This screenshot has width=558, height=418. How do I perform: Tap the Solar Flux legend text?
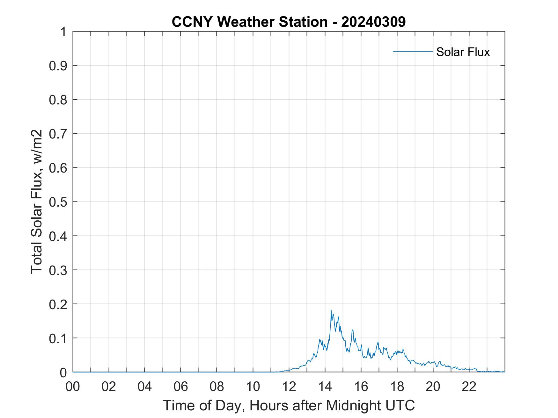[463, 52]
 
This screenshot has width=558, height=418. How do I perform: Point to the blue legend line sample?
[413, 51]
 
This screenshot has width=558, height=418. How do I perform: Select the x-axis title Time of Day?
[289, 405]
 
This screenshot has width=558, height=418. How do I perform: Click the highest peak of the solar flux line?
[331, 310]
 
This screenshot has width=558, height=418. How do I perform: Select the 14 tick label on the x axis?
[325, 386]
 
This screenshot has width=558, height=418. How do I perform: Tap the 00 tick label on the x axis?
[73, 386]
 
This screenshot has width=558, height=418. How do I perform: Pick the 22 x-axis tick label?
[469, 386]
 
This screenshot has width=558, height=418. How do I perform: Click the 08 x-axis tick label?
[217, 386]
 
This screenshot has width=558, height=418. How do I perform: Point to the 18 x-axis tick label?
[397, 386]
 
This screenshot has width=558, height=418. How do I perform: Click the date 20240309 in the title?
[373, 22]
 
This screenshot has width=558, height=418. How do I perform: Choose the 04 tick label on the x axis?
[145, 386]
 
